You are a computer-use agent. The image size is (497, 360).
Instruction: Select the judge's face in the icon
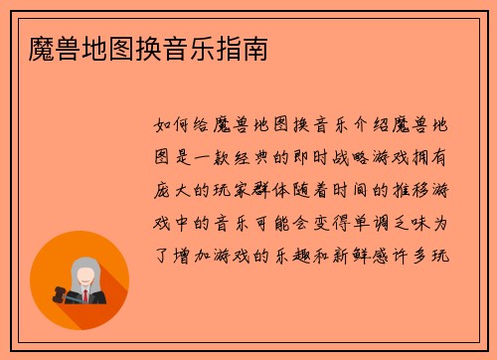click(84, 273)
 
